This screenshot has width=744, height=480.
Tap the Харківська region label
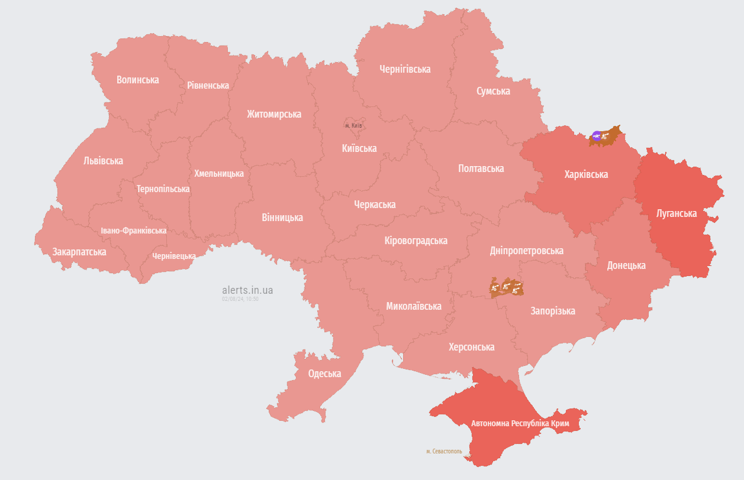[586, 174]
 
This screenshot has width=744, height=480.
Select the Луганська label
[677, 213]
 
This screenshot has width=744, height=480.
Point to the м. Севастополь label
[444, 451]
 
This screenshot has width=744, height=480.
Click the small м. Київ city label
[353, 125]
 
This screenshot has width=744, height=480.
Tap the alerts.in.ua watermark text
[247, 290]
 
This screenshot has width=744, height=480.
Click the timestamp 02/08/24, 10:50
[240, 299]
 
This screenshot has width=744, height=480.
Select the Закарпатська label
[79, 252]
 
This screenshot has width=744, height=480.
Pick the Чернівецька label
[174, 256]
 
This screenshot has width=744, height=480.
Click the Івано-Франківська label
[133, 231]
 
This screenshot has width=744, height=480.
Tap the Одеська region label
[324, 374]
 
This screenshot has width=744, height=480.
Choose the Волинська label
[137, 80]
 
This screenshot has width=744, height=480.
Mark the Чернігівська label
[405, 69]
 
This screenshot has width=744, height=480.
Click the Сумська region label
[493, 91]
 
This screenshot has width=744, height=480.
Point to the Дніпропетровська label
[526, 251]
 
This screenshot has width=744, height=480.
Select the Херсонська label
[471, 347]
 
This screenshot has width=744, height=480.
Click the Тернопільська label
[163, 189]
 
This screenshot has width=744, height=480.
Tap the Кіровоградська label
[416, 241]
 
